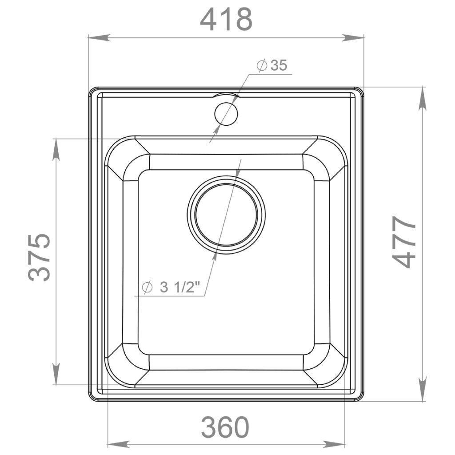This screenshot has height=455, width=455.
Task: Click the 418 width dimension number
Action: [x=226, y=19]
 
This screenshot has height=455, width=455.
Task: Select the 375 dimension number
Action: [x=39, y=257]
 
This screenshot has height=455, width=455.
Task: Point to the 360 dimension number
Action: [x=225, y=427]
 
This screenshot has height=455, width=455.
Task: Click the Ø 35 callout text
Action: [x=272, y=65]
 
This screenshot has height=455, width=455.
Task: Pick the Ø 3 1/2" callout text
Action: [x=172, y=287]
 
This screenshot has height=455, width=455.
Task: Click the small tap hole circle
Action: [x=226, y=113]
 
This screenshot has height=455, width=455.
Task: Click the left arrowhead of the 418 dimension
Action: [x=99, y=38]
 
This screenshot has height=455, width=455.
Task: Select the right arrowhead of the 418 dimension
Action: [x=353, y=38]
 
